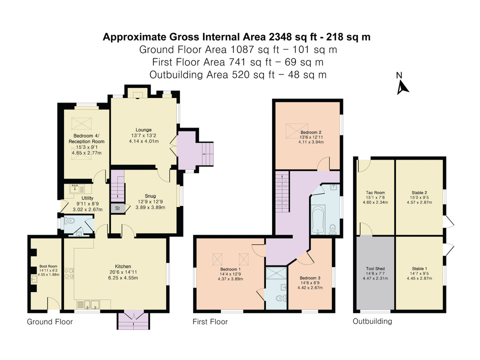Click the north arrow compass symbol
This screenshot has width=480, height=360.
tap(402, 87)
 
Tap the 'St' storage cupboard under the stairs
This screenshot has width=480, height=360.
tap(117, 207)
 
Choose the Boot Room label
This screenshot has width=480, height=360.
tap(45, 266)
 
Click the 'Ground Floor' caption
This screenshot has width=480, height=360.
tap(49, 322)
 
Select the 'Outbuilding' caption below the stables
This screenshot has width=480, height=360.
tap(372, 321)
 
